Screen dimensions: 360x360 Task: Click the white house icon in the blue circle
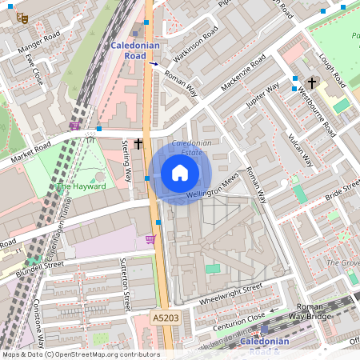pos(180,173)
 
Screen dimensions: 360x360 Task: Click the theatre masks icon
pos(22,17)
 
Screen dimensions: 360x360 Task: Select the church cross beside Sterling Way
pos(138,144)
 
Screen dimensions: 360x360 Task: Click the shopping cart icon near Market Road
pos(74,125)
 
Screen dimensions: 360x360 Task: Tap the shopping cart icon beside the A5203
pos(150,238)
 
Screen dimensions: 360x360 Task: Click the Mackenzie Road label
pos(235,83)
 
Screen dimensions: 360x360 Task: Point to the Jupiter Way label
pos(263,95)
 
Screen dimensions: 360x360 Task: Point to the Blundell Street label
pos(41,264)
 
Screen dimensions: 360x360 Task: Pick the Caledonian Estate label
pos(192,146)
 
